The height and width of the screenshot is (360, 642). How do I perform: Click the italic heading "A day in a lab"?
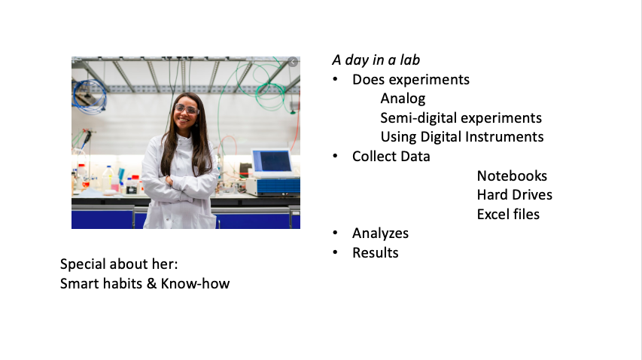376,60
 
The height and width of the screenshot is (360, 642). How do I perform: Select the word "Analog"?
403,99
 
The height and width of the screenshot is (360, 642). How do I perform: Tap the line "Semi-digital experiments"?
461,118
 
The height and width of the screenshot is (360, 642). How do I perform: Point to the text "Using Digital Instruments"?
462,137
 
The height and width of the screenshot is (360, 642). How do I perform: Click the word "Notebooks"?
512,175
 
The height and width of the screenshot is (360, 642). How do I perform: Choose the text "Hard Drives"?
515,195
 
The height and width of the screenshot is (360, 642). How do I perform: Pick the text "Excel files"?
508,214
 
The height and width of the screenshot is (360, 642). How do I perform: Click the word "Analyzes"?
380,233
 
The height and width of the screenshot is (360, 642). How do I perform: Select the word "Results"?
376,253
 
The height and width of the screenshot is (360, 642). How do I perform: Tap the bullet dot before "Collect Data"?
336,156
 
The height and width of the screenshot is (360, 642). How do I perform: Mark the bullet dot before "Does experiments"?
336,79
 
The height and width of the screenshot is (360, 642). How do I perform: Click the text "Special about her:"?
119,264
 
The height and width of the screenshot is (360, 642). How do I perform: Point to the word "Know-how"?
195,283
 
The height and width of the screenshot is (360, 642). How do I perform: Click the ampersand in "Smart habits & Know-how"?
151,283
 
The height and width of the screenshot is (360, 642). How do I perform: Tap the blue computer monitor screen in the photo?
272,161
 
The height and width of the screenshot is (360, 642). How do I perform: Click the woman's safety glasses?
187,109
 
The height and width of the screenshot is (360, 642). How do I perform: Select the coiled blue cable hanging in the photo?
90,96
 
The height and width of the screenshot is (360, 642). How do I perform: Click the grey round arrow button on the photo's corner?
293,62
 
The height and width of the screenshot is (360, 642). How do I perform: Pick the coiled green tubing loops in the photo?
268,84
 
